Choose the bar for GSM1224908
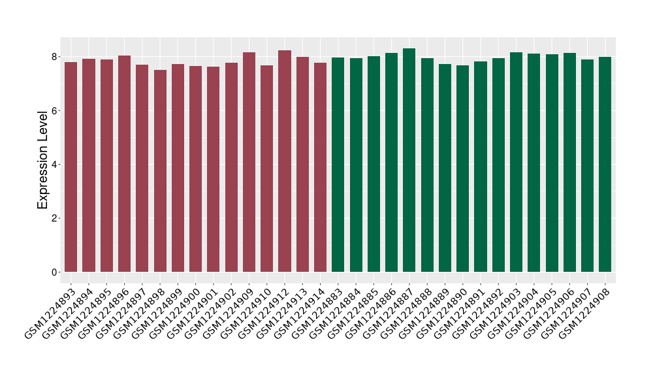(x=605, y=164)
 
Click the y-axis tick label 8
(x=56, y=57)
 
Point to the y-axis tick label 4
(x=56, y=164)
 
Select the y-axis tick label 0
(x=56, y=272)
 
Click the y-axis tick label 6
(x=56, y=110)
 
